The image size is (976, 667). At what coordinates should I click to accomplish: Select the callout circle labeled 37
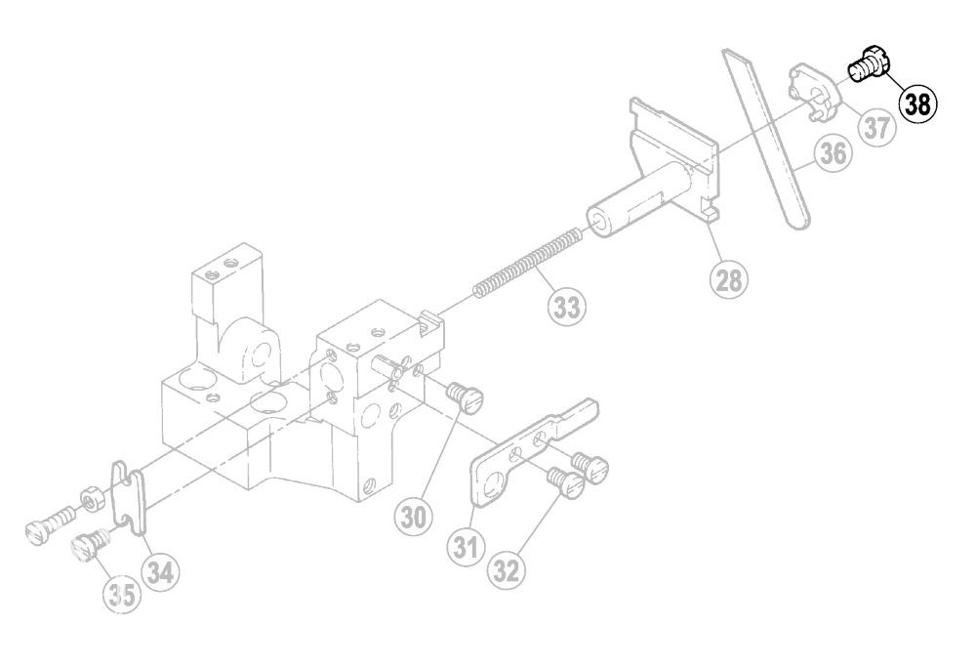coord(876,128)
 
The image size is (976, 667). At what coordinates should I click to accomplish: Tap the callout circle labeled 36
coord(834,152)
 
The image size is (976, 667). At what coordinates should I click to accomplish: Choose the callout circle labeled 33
coord(566,307)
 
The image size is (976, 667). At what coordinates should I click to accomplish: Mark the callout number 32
coord(507,569)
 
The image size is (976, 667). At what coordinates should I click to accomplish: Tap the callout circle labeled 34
coord(160,571)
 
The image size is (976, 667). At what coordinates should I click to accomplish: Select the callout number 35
coord(122,594)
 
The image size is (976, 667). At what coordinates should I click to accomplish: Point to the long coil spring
coord(528,264)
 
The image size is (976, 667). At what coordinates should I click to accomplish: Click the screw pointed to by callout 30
coord(466,396)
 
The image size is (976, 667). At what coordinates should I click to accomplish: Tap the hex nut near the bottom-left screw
coord(91,499)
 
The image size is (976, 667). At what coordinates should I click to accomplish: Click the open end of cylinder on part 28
coord(599,222)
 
